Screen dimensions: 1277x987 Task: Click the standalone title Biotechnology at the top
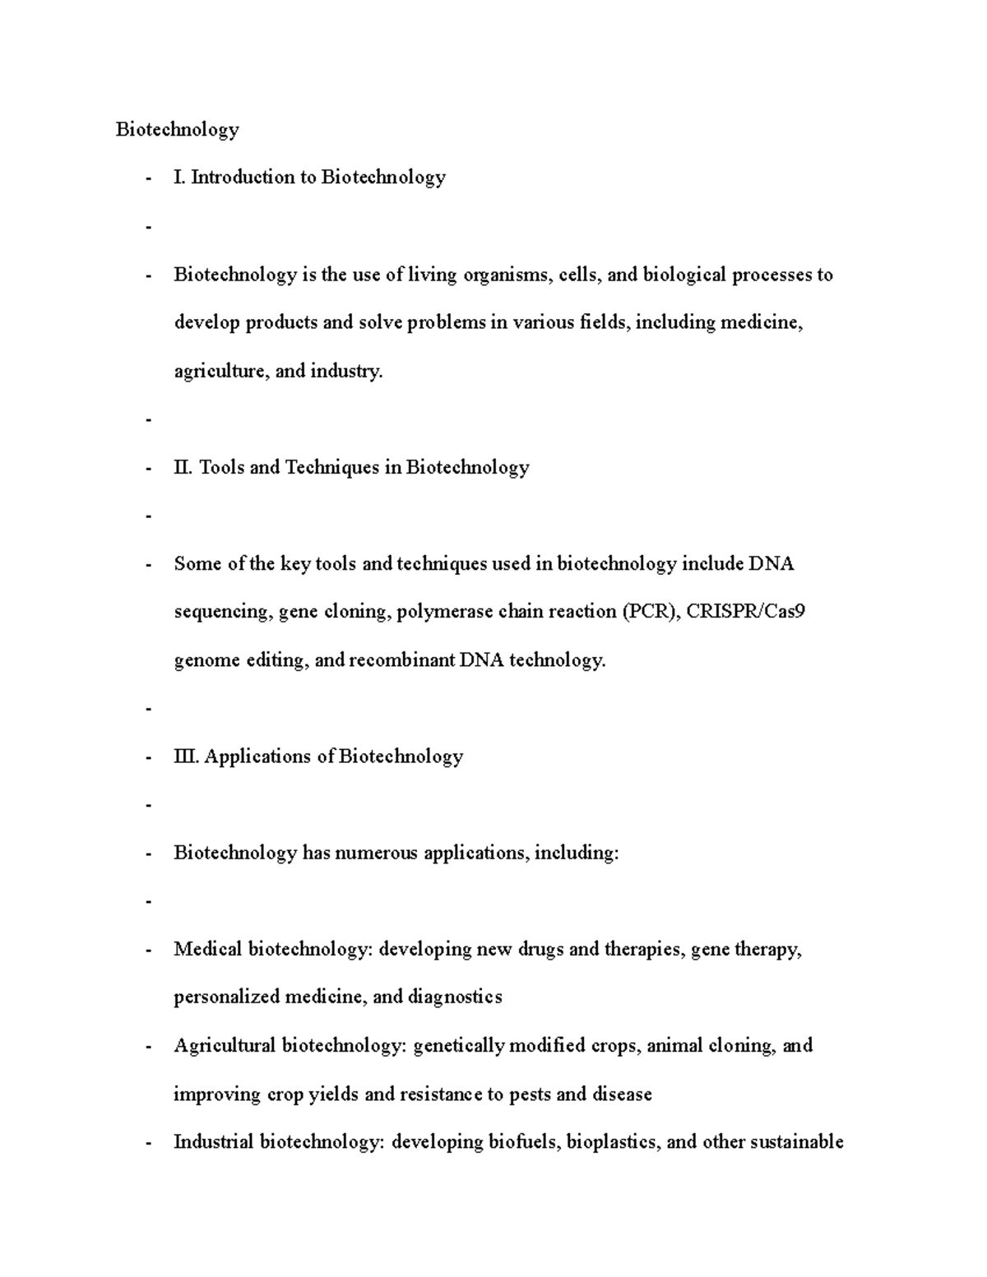click(x=177, y=130)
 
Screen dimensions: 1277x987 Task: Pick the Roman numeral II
click(x=183, y=468)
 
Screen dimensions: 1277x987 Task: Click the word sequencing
click(x=222, y=613)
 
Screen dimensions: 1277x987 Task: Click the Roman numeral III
click(x=186, y=756)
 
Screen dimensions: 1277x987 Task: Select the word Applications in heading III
click(x=257, y=756)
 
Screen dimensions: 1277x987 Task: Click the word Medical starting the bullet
click(x=207, y=950)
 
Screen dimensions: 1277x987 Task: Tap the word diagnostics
click(x=454, y=997)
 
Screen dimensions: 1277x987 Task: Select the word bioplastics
click(x=614, y=1142)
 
